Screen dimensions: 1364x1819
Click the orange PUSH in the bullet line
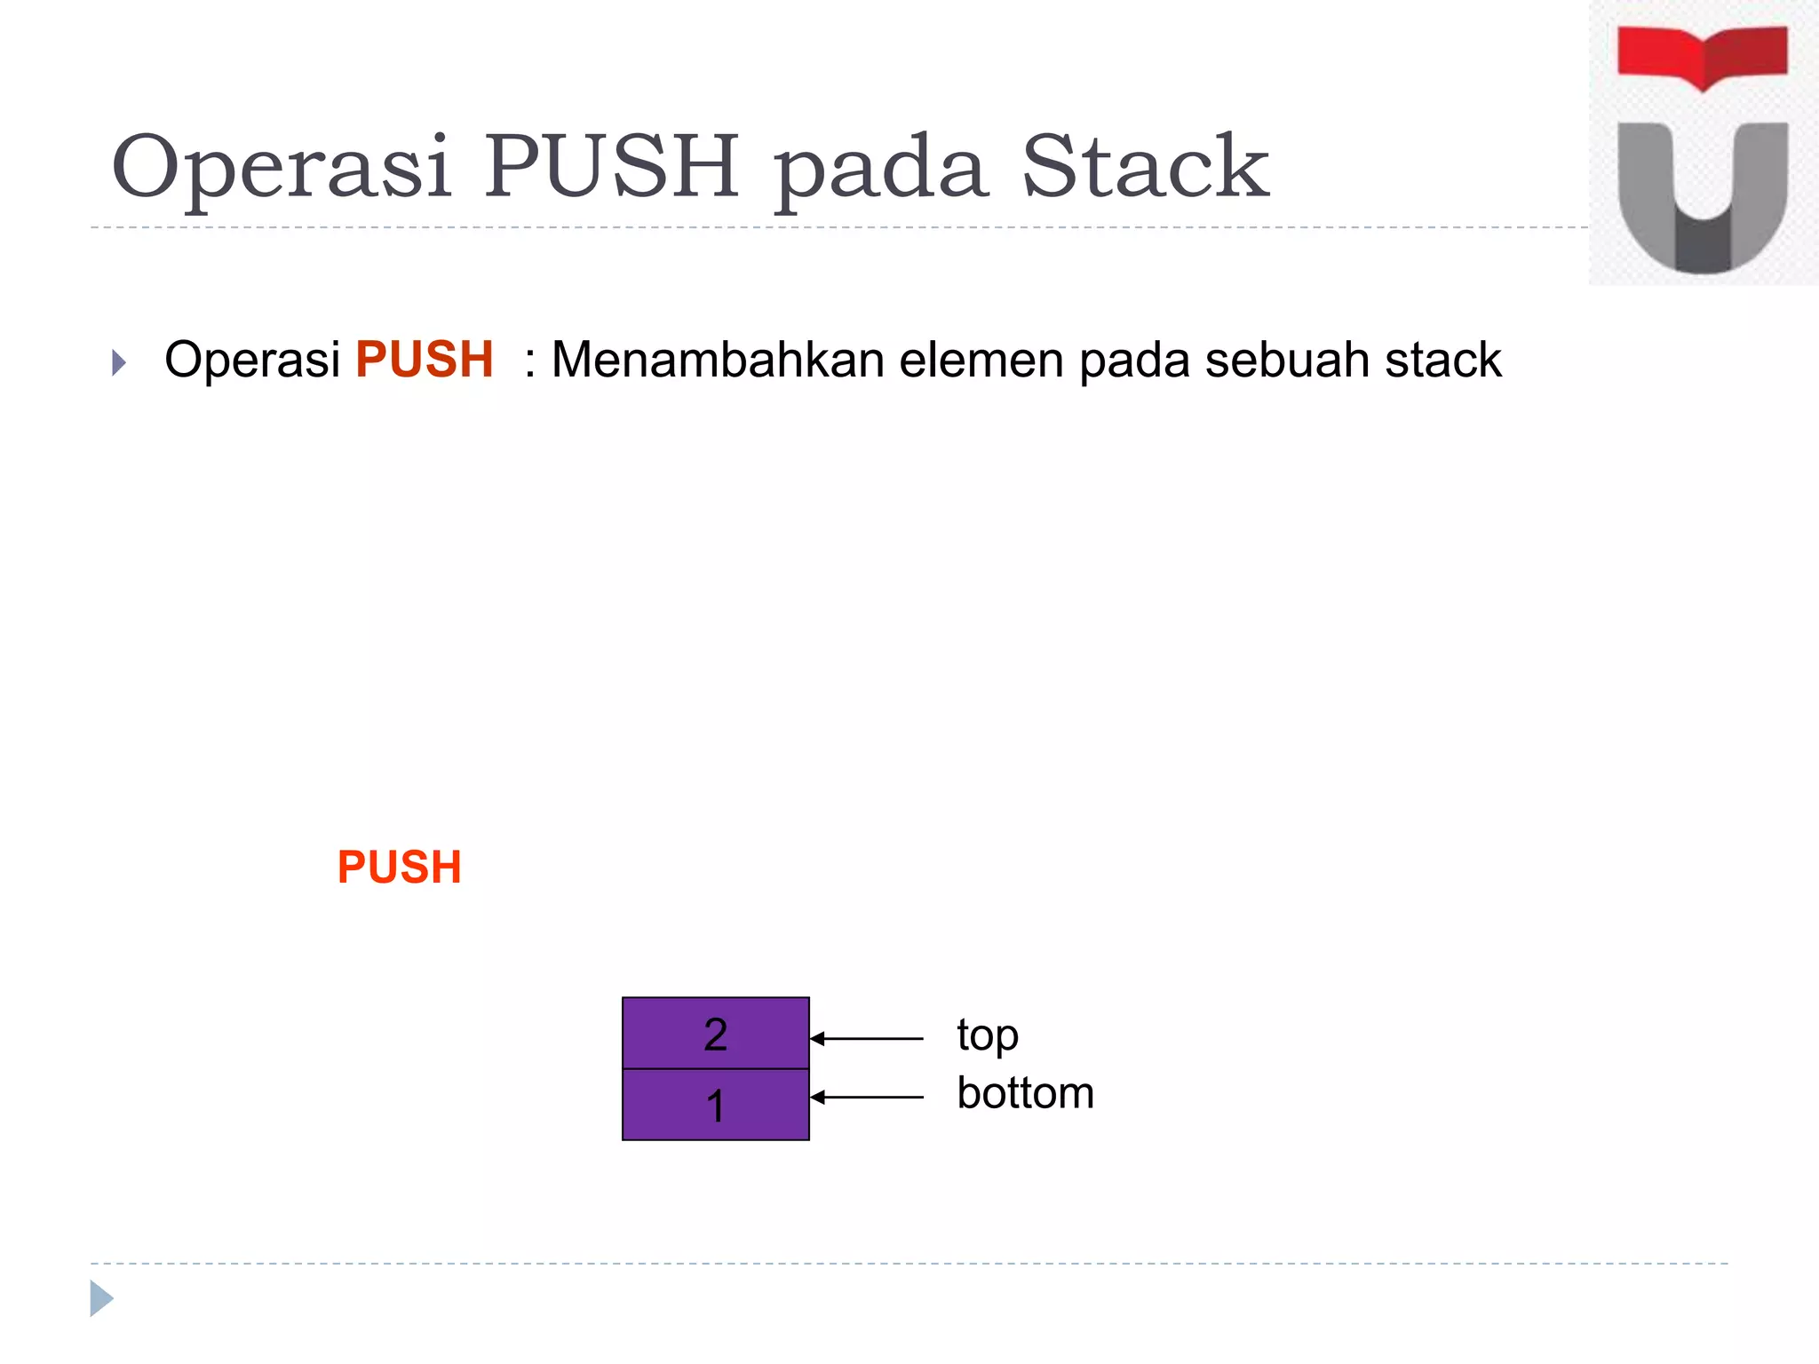coord(424,360)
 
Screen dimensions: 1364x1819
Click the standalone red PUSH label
coord(399,867)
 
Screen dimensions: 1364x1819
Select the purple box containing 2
coord(715,1033)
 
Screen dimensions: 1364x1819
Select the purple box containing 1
coord(715,1105)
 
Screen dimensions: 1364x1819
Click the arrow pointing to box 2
coord(867,1038)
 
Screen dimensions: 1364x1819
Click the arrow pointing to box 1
coord(867,1098)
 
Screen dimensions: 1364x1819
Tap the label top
coord(987,1036)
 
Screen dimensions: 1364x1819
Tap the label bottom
coord(1025,1093)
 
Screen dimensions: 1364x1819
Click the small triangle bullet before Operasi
coord(119,362)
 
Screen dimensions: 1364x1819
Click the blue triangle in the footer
coord(101,1298)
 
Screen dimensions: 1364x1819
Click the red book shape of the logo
coord(1702,56)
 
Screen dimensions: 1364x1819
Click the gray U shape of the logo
coord(1702,204)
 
